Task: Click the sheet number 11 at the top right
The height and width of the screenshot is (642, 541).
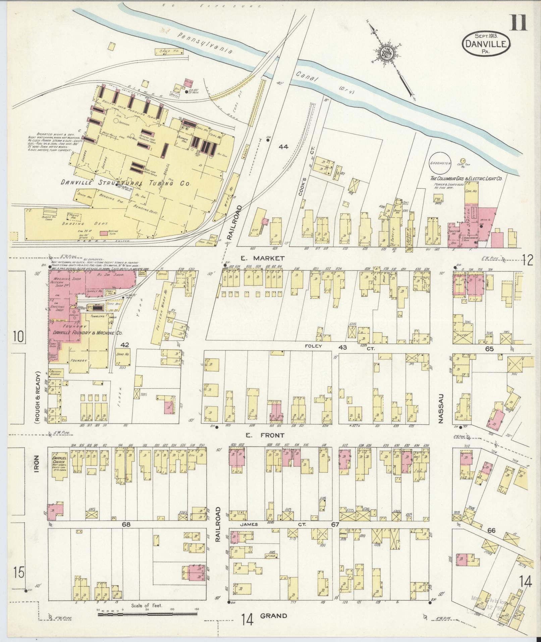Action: pos(519,23)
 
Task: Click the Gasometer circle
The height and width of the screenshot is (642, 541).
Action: pos(440,163)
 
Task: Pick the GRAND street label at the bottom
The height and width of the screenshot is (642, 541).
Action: pos(274,615)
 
